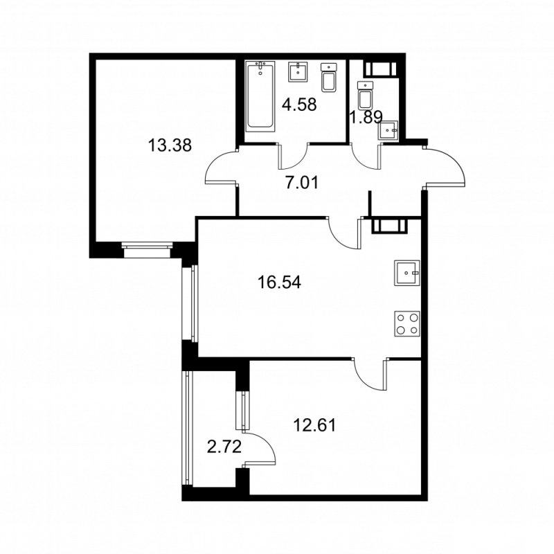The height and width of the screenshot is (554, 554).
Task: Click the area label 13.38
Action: (170, 145)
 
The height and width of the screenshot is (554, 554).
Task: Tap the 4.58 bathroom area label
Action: (301, 105)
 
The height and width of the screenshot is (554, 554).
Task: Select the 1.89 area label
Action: (366, 117)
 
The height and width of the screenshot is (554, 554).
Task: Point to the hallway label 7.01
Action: (302, 183)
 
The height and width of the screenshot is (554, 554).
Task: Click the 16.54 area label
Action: (280, 283)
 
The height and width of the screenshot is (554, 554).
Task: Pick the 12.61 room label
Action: (315, 425)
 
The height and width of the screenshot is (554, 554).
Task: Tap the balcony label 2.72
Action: (224, 447)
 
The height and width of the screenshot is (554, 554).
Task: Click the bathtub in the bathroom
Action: (260, 96)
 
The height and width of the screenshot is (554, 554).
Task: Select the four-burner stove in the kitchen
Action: (407, 323)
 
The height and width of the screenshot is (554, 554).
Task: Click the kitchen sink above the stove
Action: (407, 273)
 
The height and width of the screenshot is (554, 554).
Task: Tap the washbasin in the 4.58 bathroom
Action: (298, 72)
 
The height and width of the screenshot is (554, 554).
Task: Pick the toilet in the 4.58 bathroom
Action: (329, 78)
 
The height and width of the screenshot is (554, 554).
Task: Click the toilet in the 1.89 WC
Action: (366, 95)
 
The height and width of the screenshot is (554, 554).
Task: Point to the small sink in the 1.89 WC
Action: (388, 131)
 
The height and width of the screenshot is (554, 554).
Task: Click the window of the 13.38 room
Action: (147, 249)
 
